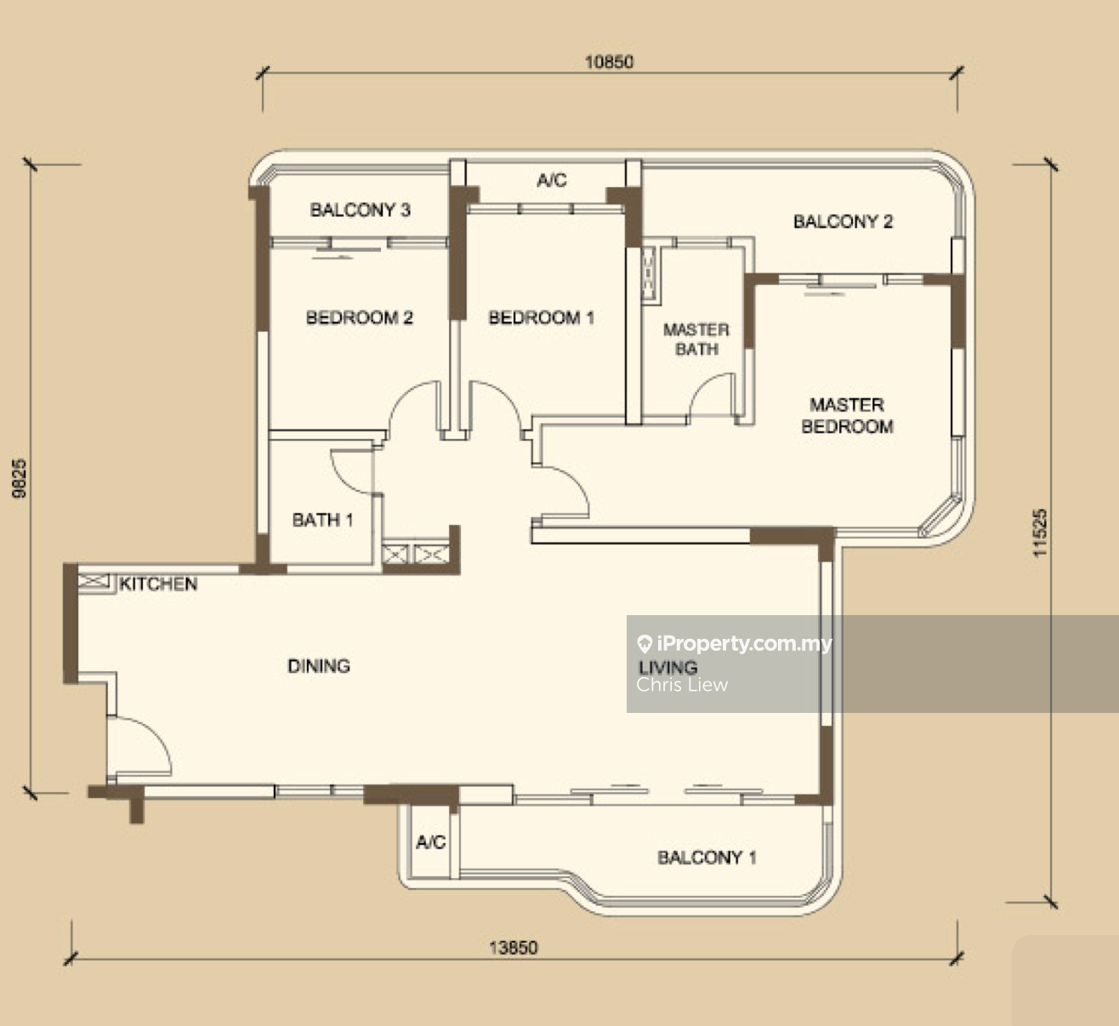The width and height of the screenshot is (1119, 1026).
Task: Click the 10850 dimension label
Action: tap(609, 61)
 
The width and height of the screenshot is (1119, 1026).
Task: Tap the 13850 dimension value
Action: tap(514, 947)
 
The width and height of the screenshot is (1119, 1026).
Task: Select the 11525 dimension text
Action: tap(1040, 533)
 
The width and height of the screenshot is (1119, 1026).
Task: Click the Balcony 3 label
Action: tap(361, 210)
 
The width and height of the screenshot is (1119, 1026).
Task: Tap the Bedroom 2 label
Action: tap(360, 317)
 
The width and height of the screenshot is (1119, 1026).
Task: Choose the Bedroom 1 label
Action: tap(541, 317)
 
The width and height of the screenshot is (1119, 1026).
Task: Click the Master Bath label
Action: tap(696, 339)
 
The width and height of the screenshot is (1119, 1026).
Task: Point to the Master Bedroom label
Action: tap(848, 415)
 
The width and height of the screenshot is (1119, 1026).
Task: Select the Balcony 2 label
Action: tap(843, 221)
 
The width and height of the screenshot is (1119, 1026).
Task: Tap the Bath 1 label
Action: tap(322, 521)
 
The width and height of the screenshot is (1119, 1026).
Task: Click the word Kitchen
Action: tap(158, 584)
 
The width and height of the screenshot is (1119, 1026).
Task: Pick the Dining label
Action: tap(319, 666)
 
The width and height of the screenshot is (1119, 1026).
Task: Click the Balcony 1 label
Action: tap(707, 858)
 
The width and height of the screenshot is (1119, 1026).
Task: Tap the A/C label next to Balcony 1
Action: tap(430, 842)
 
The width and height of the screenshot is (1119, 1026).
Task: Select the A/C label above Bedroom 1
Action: tap(552, 180)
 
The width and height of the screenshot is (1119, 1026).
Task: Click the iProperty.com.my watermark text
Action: tap(744, 644)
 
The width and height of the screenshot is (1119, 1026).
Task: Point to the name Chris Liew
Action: tap(682, 685)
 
